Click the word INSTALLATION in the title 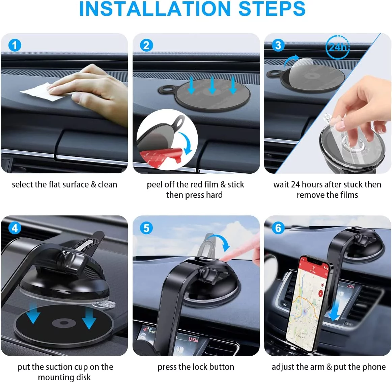pos(155,9)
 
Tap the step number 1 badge pos(15,45)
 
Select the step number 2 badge pos(146,45)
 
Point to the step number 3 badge pos(278,45)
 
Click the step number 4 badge pos(15,228)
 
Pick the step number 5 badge pos(146,228)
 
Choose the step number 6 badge pos(278,228)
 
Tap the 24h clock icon pos(337,47)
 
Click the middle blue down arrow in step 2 pos(212,85)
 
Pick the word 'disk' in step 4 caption pos(84,377)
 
